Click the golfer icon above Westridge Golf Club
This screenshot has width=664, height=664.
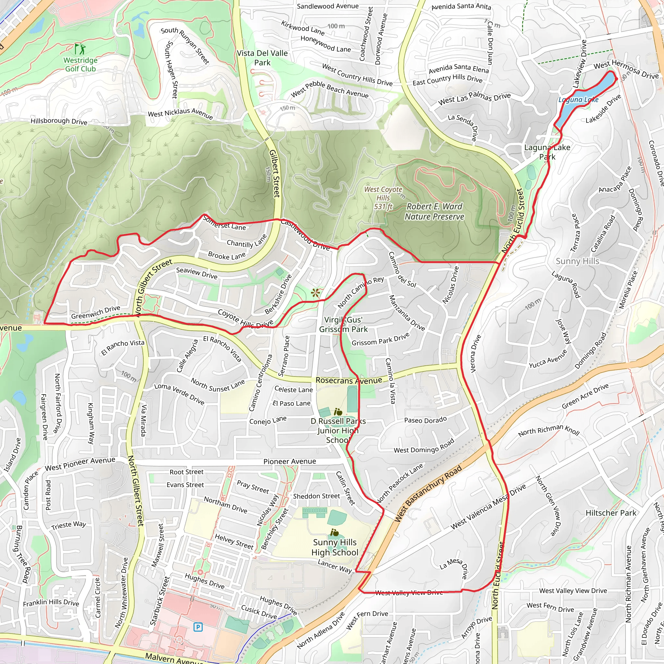point(80,49)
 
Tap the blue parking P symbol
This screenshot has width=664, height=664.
point(198,627)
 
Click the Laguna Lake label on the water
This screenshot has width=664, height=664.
point(578,100)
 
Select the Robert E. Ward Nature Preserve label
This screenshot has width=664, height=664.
point(434,211)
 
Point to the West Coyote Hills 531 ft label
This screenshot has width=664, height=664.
point(383,198)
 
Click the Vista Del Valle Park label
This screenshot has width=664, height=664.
point(262,58)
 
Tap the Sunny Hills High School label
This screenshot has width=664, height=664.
point(335,547)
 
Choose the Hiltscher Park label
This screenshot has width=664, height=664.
point(611,513)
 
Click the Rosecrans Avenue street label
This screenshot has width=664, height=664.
point(349,380)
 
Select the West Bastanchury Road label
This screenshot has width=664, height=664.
point(428,494)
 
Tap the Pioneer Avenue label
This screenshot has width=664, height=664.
point(290,461)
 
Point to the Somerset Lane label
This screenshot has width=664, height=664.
point(224,223)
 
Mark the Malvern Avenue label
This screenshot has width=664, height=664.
point(173,658)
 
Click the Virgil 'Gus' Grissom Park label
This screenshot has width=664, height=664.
point(343,325)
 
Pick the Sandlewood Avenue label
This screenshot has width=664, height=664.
point(327,6)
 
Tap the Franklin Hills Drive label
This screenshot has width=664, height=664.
point(51,603)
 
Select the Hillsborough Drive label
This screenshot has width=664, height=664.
point(59,121)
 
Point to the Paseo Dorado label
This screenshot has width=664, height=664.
point(425,420)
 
